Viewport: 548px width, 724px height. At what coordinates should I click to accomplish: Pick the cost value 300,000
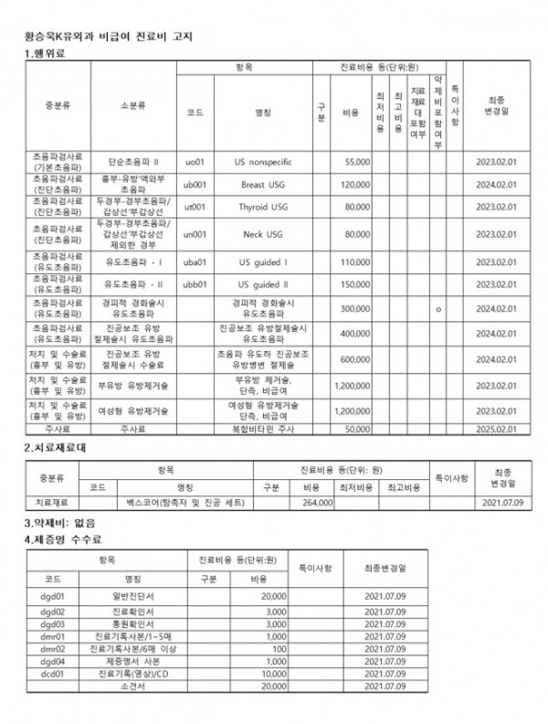point(353,309)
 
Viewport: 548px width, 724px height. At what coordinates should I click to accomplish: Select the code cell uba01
point(195,261)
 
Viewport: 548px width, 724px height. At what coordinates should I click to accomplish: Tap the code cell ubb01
point(195,284)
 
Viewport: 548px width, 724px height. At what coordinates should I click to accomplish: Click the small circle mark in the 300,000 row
point(439,310)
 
